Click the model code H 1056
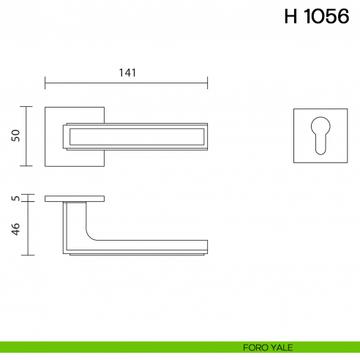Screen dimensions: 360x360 click(x=317, y=18)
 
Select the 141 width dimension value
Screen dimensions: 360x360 click(x=127, y=72)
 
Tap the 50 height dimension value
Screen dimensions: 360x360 click(x=15, y=136)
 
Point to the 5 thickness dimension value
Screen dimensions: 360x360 click(x=15, y=198)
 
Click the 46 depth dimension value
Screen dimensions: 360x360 click(x=15, y=228)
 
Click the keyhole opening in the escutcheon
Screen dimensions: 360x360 click(x=320, y=136)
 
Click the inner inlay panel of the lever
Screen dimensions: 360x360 click(x=135, y=136)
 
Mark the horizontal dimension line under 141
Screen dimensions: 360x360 click(x=127, y=82)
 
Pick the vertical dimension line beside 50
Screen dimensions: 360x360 click(x=28, y=136)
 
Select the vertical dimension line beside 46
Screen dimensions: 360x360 click(x=28, y=228)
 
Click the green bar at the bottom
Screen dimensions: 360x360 click(x=110, y=347)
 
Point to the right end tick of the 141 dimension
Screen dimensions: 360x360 click(x=208, y=82)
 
